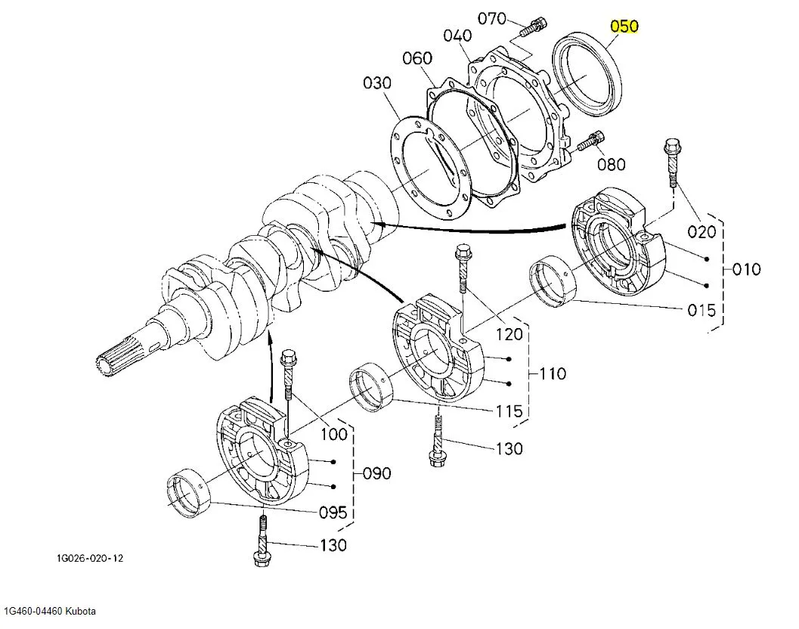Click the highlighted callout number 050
[x=624, y=26]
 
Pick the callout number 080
[x=612, y=163]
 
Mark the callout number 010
[x=746, y=269]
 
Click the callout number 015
[x=701, y=311]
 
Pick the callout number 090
[x=376, y=473]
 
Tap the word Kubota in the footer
[x=80, y=611]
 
